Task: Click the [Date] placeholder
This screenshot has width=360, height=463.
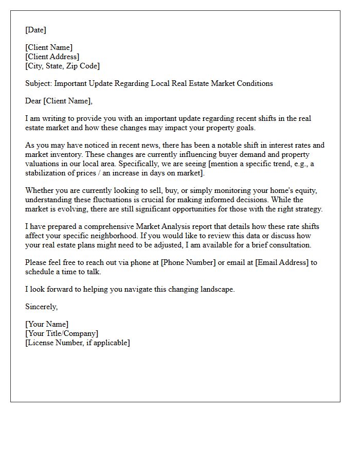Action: pos(35,30)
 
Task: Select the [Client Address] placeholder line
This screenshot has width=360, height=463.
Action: pos(52,57)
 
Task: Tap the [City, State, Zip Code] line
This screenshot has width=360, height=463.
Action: pos(62,66)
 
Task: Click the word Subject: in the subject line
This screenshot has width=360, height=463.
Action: pos(39,83)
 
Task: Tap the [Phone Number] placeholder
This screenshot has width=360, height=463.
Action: pos(188,262)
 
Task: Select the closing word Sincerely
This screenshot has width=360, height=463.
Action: pos(41,307)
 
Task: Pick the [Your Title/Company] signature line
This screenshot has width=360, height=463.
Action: pos(61,333)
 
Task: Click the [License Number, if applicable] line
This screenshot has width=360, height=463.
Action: pos(77,343)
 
